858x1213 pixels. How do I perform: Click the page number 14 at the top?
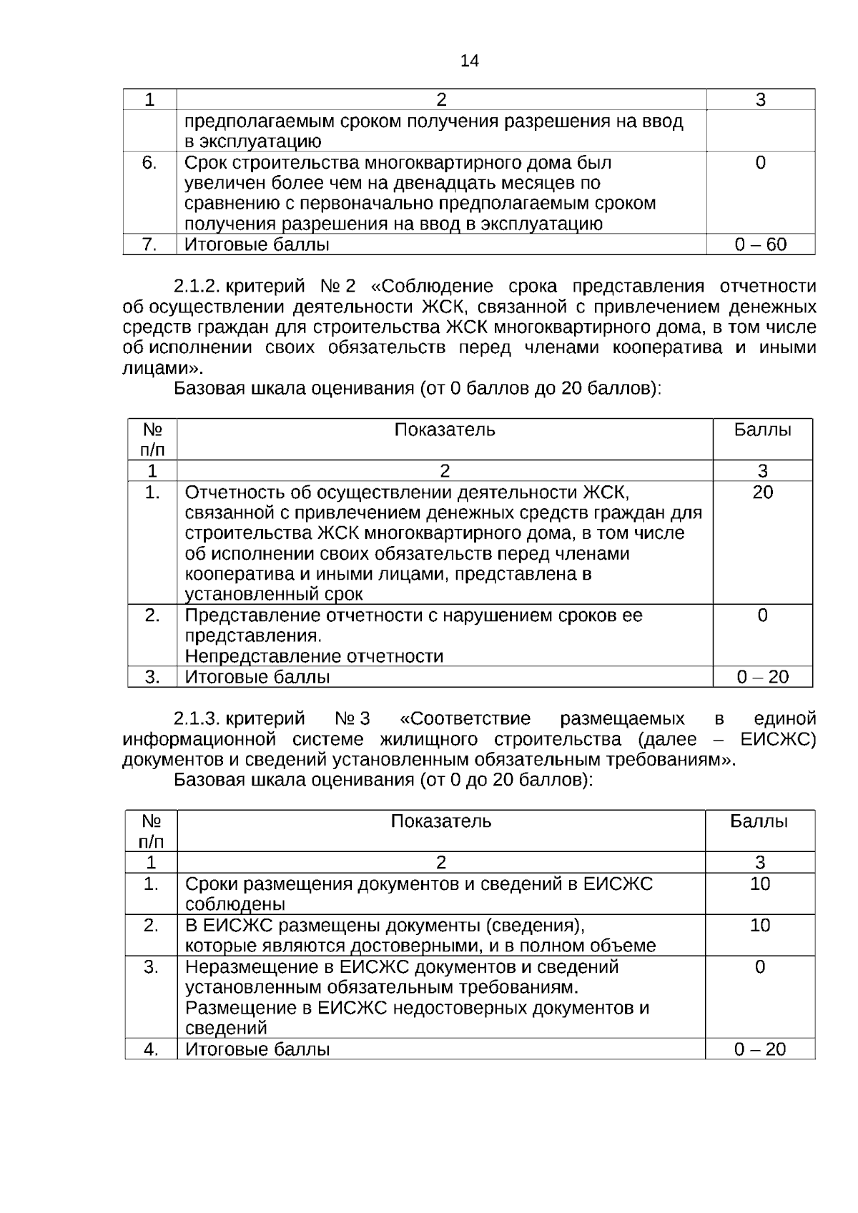pos(470,61)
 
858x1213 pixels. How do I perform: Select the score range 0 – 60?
pos(760,245)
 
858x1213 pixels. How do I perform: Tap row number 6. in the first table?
pos(149,163)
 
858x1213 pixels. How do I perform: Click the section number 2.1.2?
pos(196,287)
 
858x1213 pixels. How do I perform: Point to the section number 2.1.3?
pos(196,718)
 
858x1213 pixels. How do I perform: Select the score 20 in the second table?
pos(762,492)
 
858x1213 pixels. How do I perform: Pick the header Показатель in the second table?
pos(444,430)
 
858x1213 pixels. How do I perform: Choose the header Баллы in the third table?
pos(759,821)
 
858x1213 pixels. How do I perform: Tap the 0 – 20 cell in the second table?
pos(762,677)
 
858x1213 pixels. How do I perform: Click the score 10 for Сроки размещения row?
pos(759,884)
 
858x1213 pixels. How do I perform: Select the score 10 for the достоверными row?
pos(759,926)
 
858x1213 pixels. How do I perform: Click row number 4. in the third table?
pos(151,1049)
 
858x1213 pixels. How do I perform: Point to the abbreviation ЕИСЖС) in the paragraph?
pos(778,739)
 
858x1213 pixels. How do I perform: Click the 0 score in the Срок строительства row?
pos(760,163)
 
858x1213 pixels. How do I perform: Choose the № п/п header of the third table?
pos(151,831)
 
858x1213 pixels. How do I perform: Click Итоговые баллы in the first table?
pos(257,245)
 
